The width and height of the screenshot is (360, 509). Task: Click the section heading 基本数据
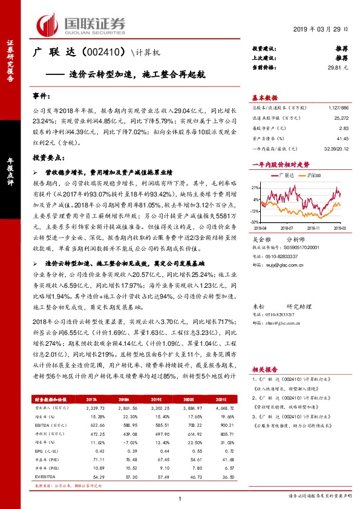[x=265, y=98]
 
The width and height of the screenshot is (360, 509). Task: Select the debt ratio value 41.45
[x=342, y=138]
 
